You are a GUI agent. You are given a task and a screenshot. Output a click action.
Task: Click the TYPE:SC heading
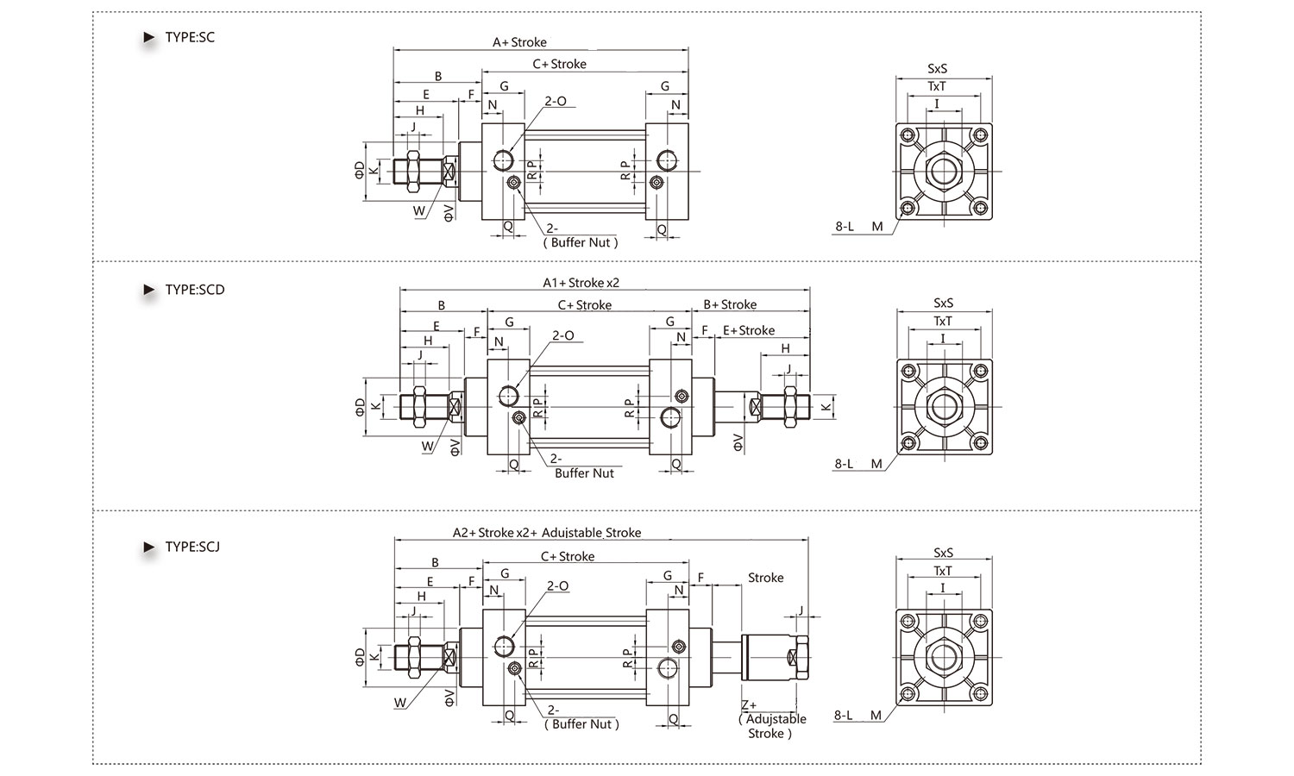point(190,38)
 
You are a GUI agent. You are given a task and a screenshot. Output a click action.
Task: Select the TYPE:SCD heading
point(195,290)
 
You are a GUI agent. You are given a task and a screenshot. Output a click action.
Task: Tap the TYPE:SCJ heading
point(192,547)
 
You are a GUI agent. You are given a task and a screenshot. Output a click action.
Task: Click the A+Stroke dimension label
point(519,42)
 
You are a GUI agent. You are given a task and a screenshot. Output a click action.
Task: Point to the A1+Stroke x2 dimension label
point(581,283)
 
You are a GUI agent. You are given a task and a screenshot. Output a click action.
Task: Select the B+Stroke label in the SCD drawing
point(730,304)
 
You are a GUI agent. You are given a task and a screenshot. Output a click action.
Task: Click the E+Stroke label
point(749,330)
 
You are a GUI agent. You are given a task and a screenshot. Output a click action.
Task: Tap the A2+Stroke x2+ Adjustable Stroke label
point(546,532)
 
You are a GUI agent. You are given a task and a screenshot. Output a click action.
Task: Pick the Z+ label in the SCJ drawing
point(749,705)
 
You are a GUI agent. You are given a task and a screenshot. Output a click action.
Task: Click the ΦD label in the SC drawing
point(360,171)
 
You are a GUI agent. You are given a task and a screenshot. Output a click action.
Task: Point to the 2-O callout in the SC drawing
point(556,101)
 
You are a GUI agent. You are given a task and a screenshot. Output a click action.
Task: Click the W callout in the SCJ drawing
point(399,703)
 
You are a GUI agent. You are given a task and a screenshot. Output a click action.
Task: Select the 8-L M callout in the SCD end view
point(858,464)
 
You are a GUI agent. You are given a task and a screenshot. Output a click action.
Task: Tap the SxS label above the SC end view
point(937,68)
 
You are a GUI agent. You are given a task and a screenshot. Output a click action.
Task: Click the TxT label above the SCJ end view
point(942,571)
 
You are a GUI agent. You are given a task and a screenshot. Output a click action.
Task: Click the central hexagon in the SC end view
point(944,171)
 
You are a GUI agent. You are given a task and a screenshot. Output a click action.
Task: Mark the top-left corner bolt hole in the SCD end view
point(908,372)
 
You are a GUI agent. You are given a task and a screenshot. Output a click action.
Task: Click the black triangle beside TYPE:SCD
point(149,290)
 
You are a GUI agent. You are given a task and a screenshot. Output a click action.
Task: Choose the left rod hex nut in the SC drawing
point(413,171)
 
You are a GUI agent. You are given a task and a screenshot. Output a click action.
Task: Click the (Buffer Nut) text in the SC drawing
point(581,242)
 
